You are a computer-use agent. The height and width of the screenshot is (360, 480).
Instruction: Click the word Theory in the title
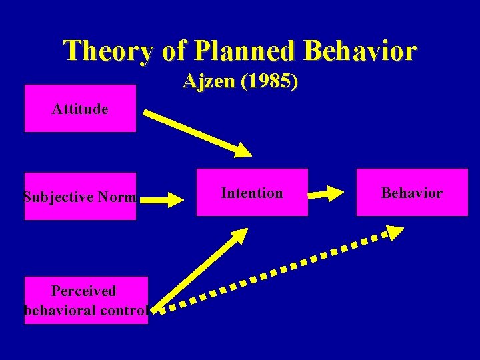106,51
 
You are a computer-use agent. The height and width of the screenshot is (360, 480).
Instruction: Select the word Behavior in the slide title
360,51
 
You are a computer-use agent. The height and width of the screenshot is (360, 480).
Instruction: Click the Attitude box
80,108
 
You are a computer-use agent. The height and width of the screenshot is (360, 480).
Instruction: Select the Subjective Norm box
80,197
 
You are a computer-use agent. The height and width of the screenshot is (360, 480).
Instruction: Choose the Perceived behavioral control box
86,300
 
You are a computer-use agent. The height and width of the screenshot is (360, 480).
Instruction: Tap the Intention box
252,193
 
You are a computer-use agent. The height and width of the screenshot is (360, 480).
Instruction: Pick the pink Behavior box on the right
411,193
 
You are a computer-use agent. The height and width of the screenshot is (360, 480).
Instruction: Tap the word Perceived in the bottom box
83,291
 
